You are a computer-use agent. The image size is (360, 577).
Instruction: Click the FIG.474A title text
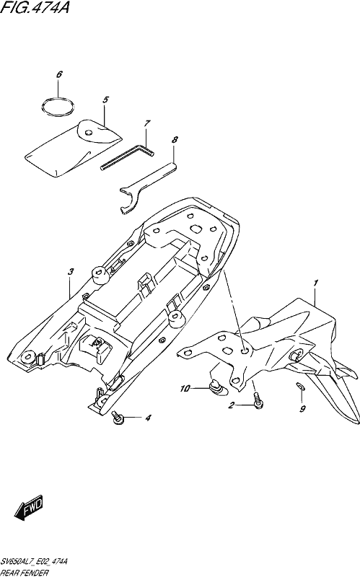[x=35, y=7]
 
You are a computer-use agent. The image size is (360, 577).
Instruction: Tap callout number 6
[x=59, y=74]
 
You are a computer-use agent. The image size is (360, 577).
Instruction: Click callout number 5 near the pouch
[x=105, y=100]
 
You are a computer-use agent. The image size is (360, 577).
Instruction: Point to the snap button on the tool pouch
[x=88, y=133]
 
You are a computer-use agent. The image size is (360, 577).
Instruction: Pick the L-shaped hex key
[x=127, y=157]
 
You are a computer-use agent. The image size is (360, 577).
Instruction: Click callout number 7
[x=147, y=123]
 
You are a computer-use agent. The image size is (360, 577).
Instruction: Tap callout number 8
[x=175, y=140]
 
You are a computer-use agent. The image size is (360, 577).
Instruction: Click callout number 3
[x=71, y=272]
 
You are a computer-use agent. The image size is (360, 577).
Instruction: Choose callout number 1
[x=315, y=283]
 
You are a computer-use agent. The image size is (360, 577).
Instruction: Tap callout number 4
[x=148, y=418]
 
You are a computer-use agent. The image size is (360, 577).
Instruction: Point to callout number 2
[x=231, y=405]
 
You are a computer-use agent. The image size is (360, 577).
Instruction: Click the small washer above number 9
[x=300, y=386]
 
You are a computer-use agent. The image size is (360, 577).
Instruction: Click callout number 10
[x=185, y=389]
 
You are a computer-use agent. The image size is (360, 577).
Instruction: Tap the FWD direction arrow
[x=29, y=508]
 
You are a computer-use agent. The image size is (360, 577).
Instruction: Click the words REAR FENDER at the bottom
[x=25, y=573]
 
